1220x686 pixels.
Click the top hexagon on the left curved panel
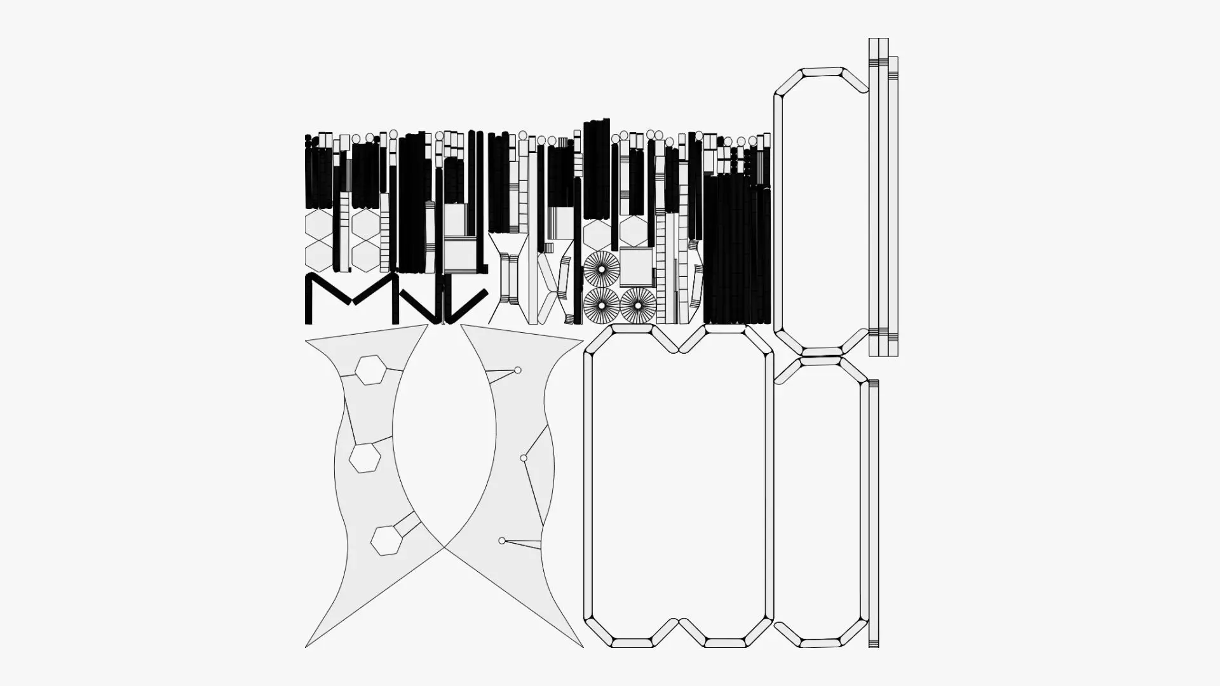pyautogui.click(x=370, y=370)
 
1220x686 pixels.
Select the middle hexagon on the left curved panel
pyautogui.click(x=365, y=457)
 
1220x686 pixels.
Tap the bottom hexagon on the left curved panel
pyautogui.click(x=385, y=541)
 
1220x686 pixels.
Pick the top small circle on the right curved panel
pyautogui.click(x=518, y=370)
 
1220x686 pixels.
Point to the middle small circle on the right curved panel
pyautogui.click(x=524, y=458)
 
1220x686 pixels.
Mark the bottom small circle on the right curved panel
pyautogui.click(x=502, y=541)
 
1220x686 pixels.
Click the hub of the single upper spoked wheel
pyautogui.click(x=601, y=269)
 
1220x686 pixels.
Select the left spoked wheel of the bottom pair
pyautogui.click(x=601, y=306)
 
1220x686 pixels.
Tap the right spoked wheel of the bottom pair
pyautogui.click(x=638, y=306)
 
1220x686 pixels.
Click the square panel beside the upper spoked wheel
pyautogui.click(x=635, y=267)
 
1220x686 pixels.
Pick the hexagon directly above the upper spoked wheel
pyautogui.click(x=597, y=234)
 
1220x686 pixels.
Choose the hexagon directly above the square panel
pyautogui.click(x=634, y=231)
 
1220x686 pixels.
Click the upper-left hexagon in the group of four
pyautogui.click(x=318, y=224)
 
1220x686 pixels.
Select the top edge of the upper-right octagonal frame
pyautogui.click(x=822, y=72)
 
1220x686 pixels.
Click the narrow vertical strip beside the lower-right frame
pyautogui.click(x=874, y=513)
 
